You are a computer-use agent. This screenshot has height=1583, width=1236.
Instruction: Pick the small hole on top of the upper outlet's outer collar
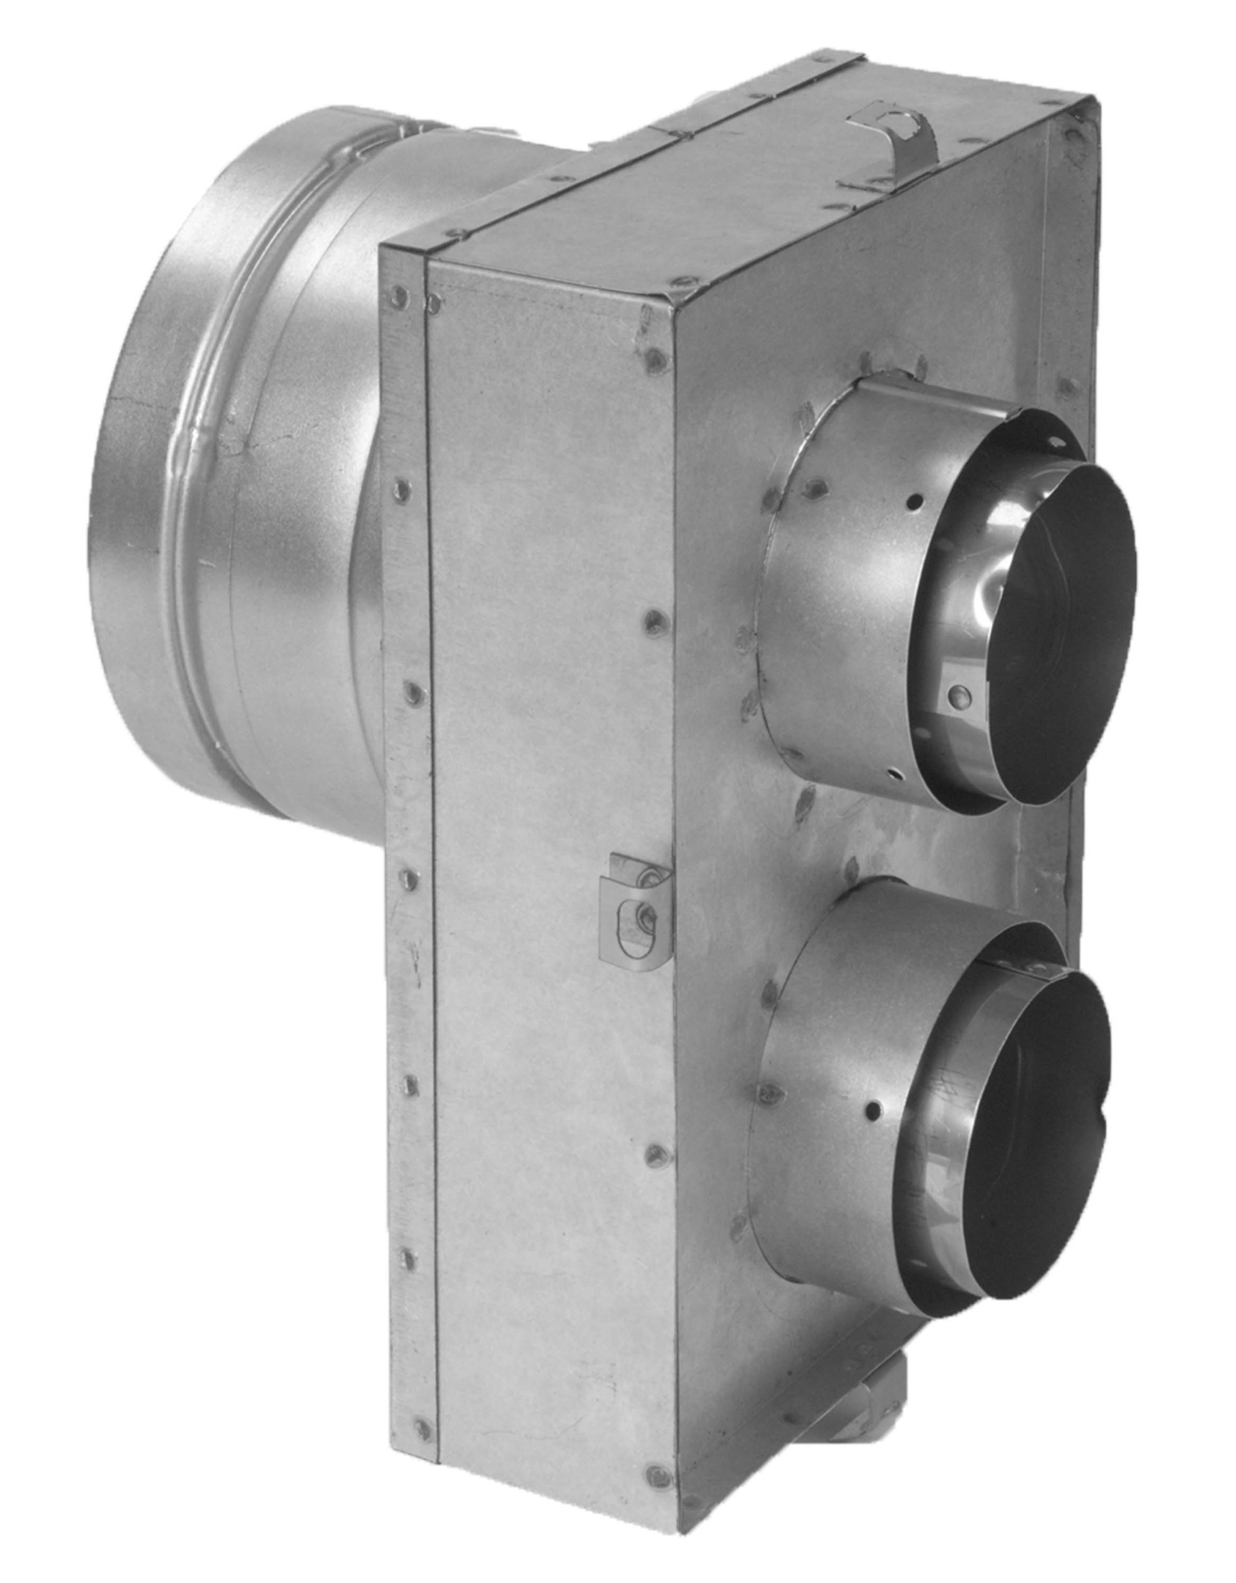coord(918,500)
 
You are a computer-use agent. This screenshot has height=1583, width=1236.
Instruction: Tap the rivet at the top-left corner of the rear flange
coord(397,293)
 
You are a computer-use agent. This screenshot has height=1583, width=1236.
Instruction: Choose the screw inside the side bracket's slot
coord(644,918)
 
